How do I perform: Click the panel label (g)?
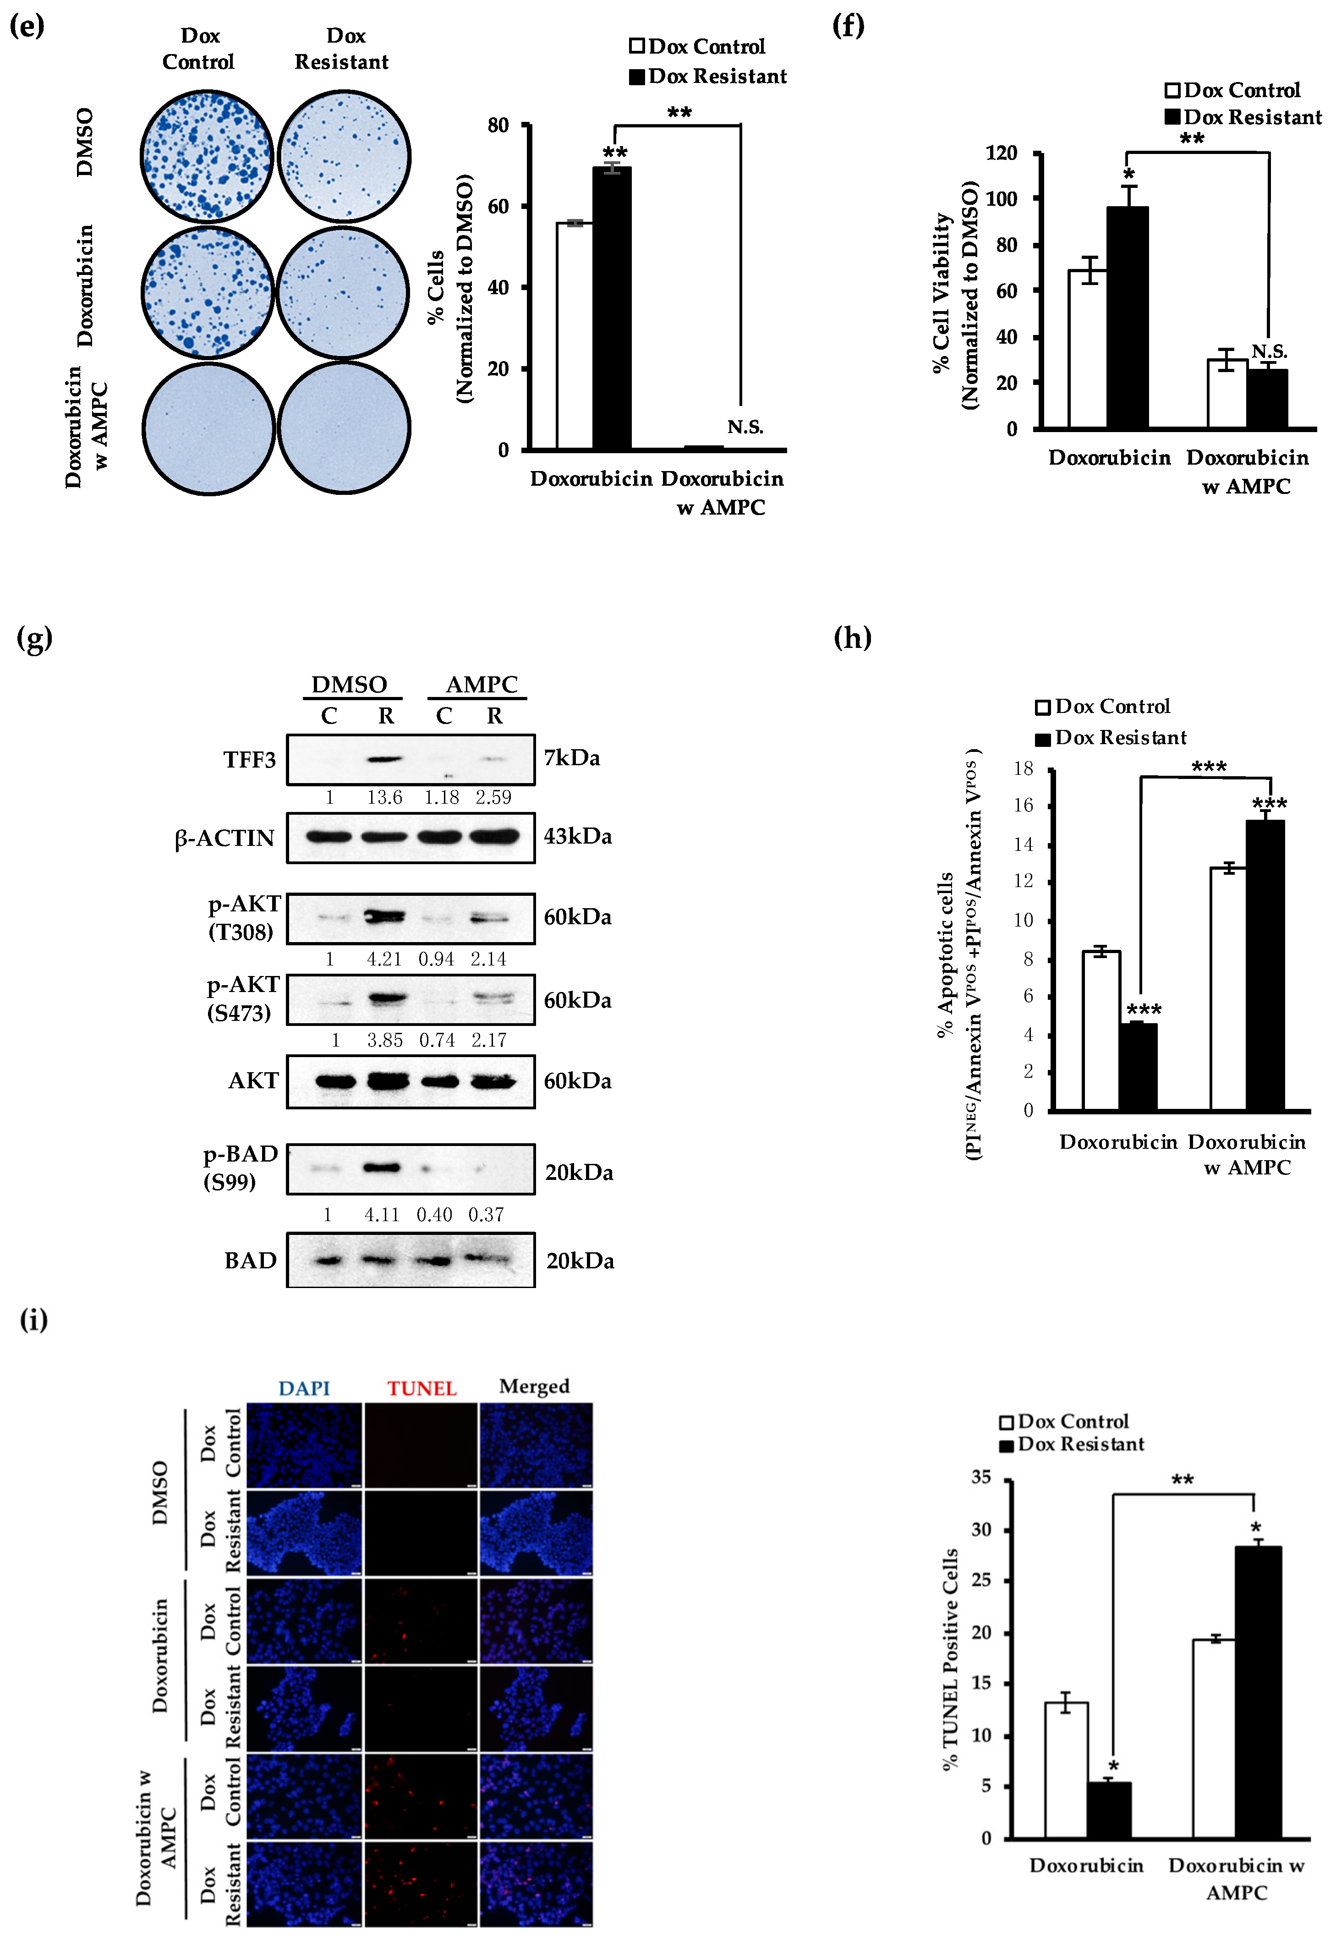[x=34, y=639]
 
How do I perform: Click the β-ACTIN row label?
[x=224, y=838]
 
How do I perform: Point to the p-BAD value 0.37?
[x=487, y=1214]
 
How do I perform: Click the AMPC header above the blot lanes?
[x=482, y=685]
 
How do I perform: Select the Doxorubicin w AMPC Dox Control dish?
[x=208, y=428]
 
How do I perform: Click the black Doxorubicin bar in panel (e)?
[x=612, y=308]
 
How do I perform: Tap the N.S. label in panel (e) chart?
[x=745, y=427]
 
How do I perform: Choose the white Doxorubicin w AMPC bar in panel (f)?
[x=1226, y=394]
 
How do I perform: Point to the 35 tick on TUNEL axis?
[x=981, y=1477]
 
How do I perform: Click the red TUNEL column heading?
[x=422, y=1388]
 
